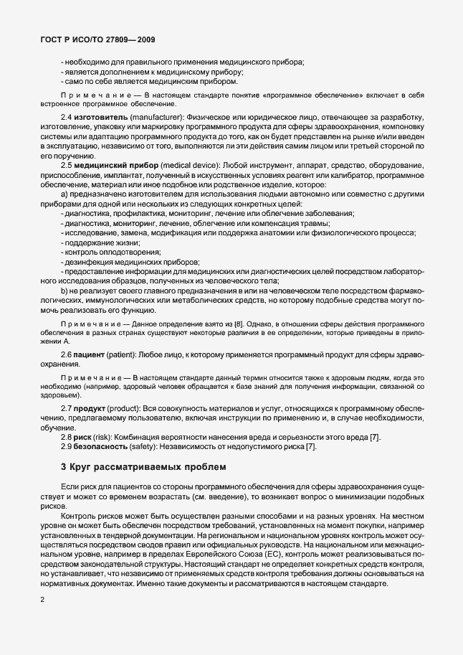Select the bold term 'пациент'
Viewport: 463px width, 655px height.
click(88, 355)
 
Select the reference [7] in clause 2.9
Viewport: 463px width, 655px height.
click(310, 447)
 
